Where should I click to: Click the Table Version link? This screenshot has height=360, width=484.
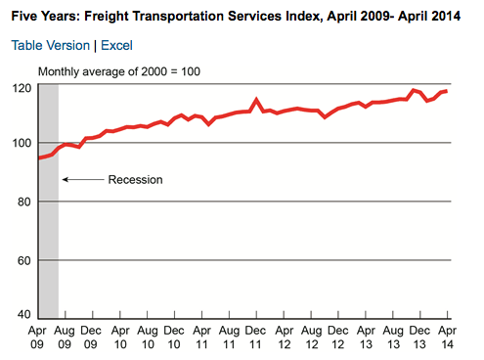[x=51, y=45]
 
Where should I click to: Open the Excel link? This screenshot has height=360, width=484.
[x=116, y=45]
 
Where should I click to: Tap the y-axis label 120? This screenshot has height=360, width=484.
[x=22, y=88]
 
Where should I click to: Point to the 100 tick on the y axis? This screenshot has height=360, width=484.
[x=22, y=143]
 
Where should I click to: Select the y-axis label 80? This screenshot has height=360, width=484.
[x=24, y=202]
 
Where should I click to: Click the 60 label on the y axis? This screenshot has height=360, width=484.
[x=24, y=260]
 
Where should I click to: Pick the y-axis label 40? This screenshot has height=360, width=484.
[x=24, y=314]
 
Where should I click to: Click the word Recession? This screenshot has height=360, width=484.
[x=135, y=180]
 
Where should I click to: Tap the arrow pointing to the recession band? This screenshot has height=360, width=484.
[x=83, y=179]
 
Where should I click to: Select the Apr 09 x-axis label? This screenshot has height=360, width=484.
[x=37, y=337]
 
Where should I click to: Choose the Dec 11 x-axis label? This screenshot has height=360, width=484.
[x=255, y=337]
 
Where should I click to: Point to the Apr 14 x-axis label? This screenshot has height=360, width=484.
[x=447, y=337]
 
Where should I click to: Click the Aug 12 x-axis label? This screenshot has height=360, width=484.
[x=312, y=337]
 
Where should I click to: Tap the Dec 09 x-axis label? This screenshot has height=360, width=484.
[x=91, y=337]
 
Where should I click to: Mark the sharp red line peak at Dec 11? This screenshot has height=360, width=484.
[x=256, y=100]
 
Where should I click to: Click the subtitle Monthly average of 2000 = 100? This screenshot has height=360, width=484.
[x=119, y=71]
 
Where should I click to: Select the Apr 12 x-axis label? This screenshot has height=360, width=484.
[x=285, y=337]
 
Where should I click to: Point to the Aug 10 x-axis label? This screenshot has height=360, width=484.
[x=148, y=337]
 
